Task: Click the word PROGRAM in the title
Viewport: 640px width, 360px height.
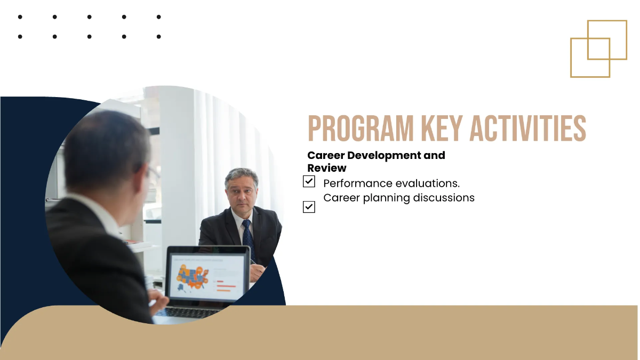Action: (361, 129)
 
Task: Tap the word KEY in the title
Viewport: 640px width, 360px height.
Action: (442, 129)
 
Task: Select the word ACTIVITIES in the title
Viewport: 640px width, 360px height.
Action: (527, 129)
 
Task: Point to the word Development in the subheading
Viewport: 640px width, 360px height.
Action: (384, 156)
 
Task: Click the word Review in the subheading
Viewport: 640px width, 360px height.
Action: (327, 168)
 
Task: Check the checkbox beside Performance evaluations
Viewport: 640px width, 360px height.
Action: (309, 181)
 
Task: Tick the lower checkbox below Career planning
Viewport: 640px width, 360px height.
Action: (309, 207)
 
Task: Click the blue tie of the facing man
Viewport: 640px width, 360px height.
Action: (248, 238)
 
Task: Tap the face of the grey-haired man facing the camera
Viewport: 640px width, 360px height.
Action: (241, 193)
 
